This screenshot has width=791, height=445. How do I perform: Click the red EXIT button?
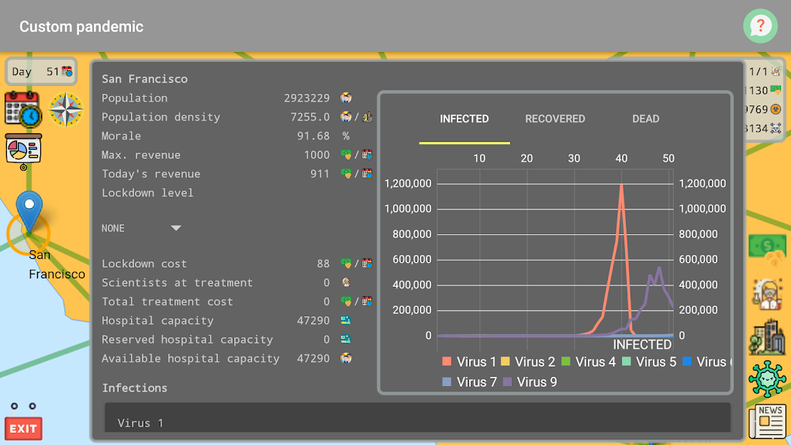pos(23,428)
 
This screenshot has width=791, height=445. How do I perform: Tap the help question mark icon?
pos(760,26)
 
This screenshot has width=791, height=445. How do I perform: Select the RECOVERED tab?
pos(554,119)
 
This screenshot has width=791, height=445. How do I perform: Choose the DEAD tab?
pos(645,119)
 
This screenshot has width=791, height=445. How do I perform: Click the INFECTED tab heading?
pos(464,119)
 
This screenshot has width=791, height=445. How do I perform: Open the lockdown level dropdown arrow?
pos(176,228)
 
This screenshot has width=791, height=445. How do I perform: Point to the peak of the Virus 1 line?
pos(621,185)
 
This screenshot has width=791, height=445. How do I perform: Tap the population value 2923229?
pos(306,98)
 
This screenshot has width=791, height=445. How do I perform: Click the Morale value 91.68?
pos(313,136)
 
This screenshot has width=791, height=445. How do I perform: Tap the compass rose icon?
pos(66,109)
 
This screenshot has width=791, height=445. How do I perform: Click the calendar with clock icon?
pos(22,109)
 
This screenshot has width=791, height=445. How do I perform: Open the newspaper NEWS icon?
pos(767,421)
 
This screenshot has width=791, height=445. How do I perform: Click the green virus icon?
pos(767,378)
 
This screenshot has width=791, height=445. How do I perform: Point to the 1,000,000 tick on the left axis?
pos(408,209)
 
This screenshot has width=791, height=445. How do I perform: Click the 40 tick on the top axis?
pos(621,158)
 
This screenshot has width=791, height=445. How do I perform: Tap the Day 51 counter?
pos(42,72)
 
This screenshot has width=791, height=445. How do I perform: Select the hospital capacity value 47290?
pos(313,321)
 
